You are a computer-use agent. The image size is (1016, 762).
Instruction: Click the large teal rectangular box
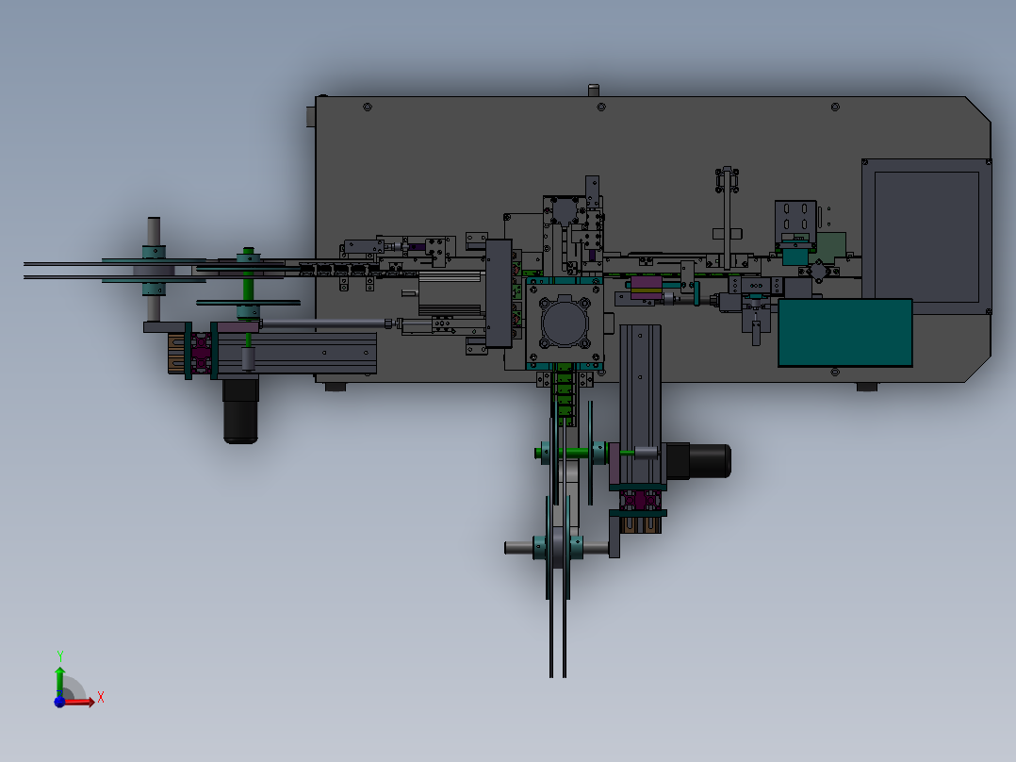pyautogui.click(x=844, y=333)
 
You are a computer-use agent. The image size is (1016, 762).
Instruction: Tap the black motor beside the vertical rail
pyautogui.click(x=697, y=460)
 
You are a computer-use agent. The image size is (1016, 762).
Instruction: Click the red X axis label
pyautogui.click(x=101, y=698)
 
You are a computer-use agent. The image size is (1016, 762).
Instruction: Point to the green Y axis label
pyautogui.click(x=60, y=655)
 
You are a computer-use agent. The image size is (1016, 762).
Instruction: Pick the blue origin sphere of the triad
pyautogui.click(x=59, y=702)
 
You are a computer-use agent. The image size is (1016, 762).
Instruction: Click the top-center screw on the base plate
pyautogui.click(x=601, y=107)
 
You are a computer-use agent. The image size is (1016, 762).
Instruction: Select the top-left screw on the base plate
pyautogui.click(x=368, y=107)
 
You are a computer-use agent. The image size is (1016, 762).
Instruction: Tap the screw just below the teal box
pyautogui.click(x=835, y=373)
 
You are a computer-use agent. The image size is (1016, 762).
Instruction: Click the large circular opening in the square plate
pyautogui.click(x=565, y=323)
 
